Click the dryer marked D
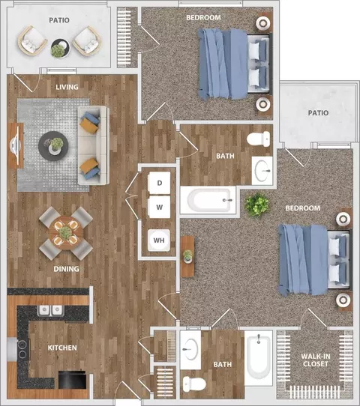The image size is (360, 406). [x=159, y=183]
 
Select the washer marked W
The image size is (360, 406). [x=159, y=207]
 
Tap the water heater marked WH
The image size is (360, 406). [x=159, y=240]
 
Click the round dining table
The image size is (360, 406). [x=65, y=233]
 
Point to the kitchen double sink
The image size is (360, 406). [x=50, y=310]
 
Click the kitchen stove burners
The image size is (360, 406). [x=22, y=349]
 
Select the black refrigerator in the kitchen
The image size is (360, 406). [x=72, y=380]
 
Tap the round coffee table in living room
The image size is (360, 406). [x=53, y=146]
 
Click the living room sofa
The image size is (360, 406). [x=94, y=145]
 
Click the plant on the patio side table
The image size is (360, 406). [x=58, y=50]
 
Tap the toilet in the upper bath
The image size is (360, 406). [x=259, y=139]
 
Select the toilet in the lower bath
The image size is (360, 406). [x=194, y=384]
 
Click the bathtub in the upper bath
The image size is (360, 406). [x=208, y=200]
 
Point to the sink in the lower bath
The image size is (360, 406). [x=190, y=349]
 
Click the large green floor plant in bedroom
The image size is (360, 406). [x=257, y=204]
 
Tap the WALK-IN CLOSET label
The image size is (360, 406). [x=316, y=360]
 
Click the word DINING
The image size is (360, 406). [x=66, y=269]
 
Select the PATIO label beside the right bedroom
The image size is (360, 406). [x=318, y=113]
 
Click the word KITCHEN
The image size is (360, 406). [x=62, y=348]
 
